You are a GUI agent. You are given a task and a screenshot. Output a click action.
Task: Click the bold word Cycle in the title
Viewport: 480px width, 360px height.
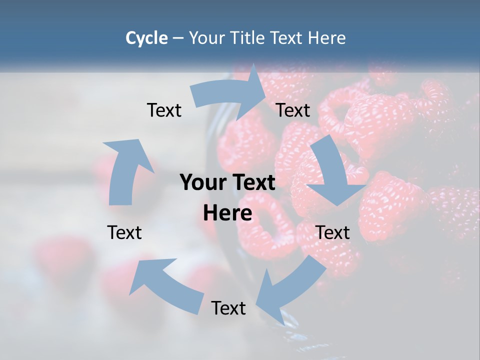click(146, 38)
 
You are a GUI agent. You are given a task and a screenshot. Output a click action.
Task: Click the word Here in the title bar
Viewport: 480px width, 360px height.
click(328, 38)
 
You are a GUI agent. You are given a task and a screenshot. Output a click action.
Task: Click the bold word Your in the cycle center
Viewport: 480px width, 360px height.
click(202, 183)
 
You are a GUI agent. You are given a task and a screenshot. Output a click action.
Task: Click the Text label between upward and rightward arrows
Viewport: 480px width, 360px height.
click(164, 110)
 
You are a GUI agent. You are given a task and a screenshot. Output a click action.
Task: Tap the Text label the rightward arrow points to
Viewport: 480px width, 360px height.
click(293, 110)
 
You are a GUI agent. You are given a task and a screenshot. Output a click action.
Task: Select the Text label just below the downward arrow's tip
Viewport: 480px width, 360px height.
click(332, 233)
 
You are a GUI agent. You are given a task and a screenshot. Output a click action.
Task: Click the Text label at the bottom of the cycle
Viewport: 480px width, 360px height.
click(228, 308)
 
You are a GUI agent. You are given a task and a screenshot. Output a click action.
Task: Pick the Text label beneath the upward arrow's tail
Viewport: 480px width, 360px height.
click(124, 233)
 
